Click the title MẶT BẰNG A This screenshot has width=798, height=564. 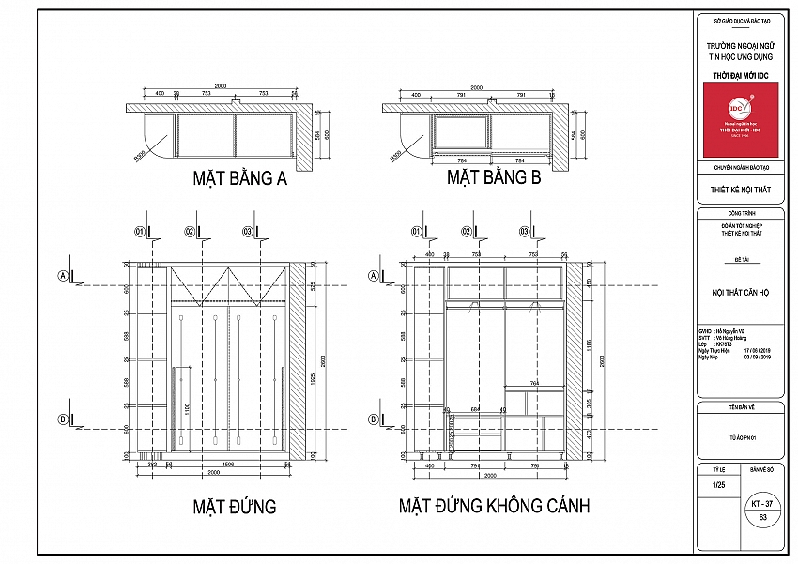pos(239,178)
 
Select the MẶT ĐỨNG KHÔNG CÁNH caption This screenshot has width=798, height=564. pos(494,507)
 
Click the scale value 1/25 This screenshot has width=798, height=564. pos(719,485)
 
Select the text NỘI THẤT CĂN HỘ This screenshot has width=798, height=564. pos(740,293)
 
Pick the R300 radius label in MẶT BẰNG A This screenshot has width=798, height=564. pos(139,157)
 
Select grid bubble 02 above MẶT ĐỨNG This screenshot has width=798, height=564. pos(190,231)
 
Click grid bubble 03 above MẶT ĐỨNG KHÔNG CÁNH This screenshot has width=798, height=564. pos(523,231)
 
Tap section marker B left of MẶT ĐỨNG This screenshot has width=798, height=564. pos(64,420)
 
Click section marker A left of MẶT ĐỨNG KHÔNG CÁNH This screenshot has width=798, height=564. pos(374,276)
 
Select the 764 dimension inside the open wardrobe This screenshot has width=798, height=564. pos(534,384)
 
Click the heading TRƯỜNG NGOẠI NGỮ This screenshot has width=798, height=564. pos(740,44)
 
